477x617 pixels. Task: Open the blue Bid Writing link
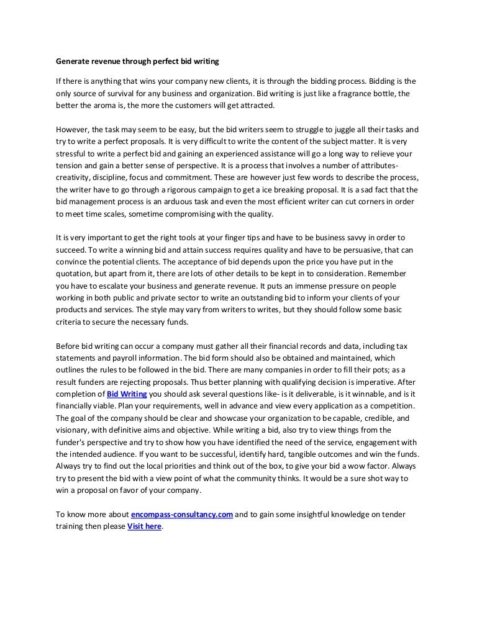coord(127,394)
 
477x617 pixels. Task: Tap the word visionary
coord(74,430)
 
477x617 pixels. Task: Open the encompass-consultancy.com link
coord(182,514)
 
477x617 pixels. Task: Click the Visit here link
coord(144,526)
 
